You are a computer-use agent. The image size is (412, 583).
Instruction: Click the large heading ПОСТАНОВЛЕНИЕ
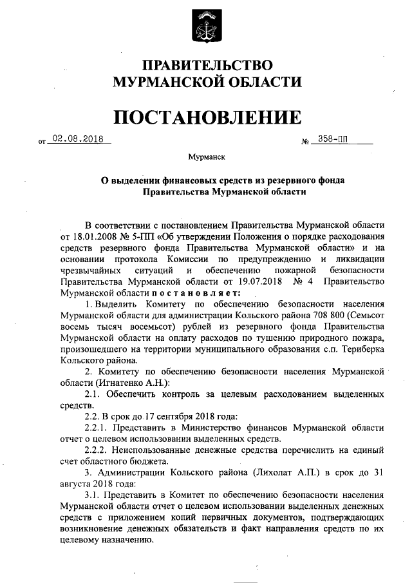(x=207, y=117)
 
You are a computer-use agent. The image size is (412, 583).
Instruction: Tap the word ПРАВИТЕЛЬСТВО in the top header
(x=207, y=65)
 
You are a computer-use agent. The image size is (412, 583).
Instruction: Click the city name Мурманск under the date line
(x=206, y=157)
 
